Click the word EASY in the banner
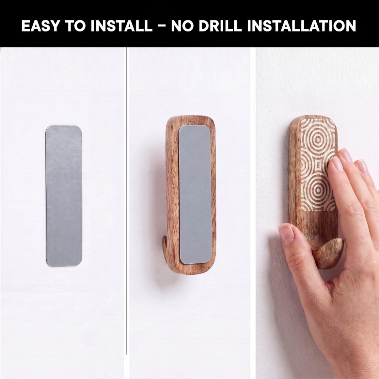pos(41,26)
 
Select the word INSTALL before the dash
pos(122,26)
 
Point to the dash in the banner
pos(162,26)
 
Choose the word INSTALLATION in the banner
pos(301,26)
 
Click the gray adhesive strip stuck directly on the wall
pos(64,196)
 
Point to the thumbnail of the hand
pos(287,235)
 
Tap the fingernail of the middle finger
pos(346,155)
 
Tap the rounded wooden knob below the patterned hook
pos(329,253)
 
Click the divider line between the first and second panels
pos(127,200)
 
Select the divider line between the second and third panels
pos(253,200)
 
